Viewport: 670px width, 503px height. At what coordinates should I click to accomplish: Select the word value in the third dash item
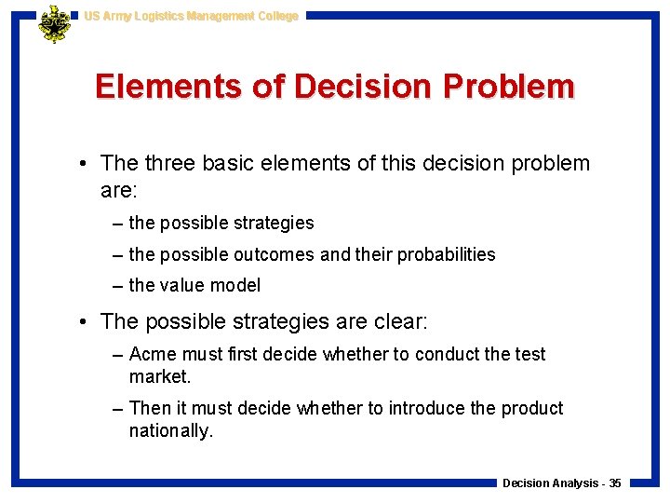click(182, 285)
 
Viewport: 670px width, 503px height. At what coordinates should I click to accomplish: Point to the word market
click(158, 376)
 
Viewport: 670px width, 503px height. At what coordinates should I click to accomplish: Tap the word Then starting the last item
click(151, 408)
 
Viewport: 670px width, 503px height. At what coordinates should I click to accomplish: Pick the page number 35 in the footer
click(614, 483)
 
